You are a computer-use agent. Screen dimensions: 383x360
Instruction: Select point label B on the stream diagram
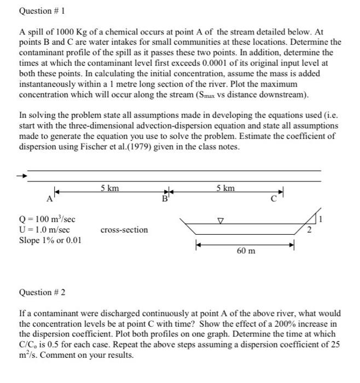pyautogui.click(x=162, y=199)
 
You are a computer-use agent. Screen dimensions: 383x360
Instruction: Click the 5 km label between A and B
pyautogui.click(x=110, y=188)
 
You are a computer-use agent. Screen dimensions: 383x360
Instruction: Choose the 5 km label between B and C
pyautogui.click(x=225, y=188)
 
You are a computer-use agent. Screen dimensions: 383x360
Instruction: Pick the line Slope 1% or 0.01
pyautogui.click(x=50, y=240)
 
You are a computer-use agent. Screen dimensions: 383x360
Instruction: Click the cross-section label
pyautogui.click(x=124, y=230)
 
